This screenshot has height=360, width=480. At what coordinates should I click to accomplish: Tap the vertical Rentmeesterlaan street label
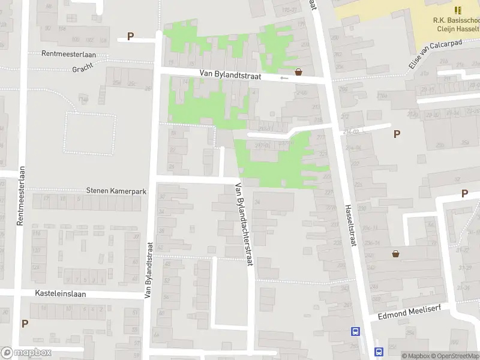point(20,196)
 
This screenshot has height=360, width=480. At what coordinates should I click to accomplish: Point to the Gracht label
point(83,68)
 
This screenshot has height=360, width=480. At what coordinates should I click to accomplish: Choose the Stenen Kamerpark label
point(116,191)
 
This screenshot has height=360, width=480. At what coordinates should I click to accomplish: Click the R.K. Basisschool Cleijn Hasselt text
point(456,24)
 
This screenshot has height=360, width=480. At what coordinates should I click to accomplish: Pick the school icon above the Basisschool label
point(458,10)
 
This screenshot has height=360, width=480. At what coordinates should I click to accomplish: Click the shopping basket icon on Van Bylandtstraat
point(298,71)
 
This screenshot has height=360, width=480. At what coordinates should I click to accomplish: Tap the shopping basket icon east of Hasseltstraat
point(396,254)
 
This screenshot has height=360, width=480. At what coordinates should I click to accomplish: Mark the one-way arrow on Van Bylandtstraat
point(284,77)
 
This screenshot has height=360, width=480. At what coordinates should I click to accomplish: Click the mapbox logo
point(26,353)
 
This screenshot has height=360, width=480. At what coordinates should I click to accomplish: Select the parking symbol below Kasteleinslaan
point(25,323)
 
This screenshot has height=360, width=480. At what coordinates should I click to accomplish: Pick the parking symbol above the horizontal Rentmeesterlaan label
point(130,37)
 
